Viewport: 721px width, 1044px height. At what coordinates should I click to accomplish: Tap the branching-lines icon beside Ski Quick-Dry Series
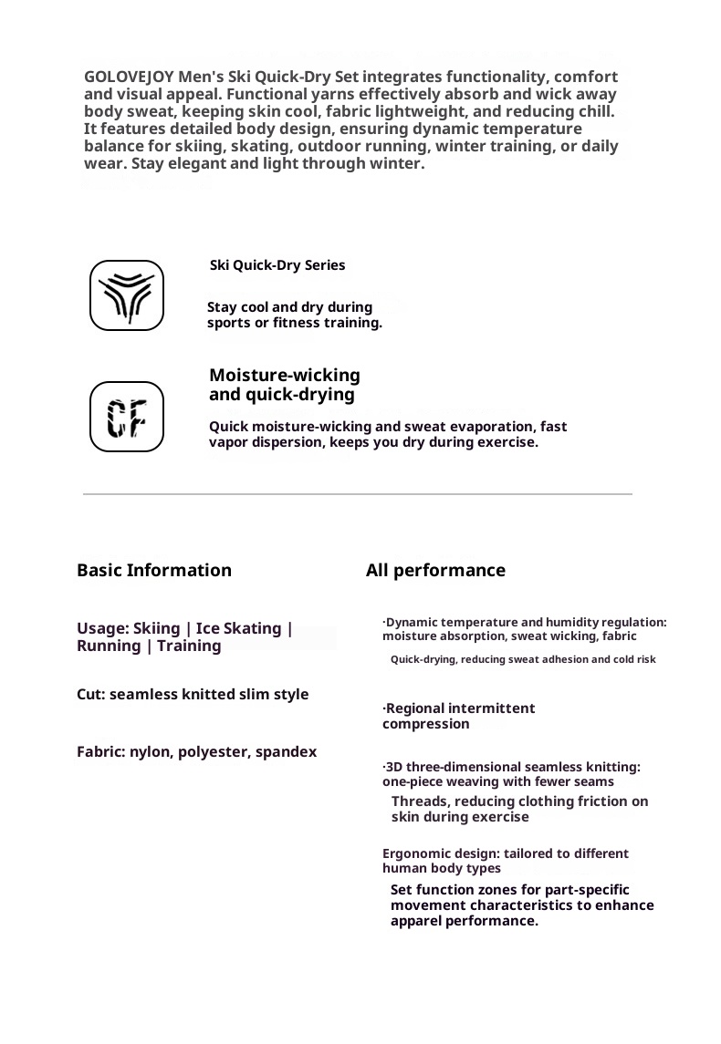pos(127,295)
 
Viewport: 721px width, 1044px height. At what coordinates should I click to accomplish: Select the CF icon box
pos(127,417)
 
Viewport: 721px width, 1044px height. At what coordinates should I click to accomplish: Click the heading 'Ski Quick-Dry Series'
pos(277,265)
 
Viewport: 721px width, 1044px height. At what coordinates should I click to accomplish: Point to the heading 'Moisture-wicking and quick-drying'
pos(285,385)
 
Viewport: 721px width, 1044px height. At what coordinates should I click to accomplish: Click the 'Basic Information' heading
pos(154,571)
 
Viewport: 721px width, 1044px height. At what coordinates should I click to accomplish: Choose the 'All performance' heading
pos(435,571)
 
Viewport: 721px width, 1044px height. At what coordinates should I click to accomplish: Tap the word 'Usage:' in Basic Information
pos(102,628)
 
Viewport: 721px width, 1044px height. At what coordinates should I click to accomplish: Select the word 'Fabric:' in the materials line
pos(100,752)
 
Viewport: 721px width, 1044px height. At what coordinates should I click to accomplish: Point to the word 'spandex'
pos(287,752)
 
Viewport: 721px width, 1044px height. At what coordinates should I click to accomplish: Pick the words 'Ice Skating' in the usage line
pos(239,628)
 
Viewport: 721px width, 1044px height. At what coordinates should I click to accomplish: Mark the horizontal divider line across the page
pos(358,494)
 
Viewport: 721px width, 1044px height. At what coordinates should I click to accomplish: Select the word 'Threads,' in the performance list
pos(419,801)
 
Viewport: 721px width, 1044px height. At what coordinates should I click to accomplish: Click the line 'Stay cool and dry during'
pos(289,307)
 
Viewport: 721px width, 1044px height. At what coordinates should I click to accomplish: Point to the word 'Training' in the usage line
pos(189,646)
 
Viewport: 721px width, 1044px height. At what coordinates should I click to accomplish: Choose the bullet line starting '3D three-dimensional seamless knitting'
pos(511,767)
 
